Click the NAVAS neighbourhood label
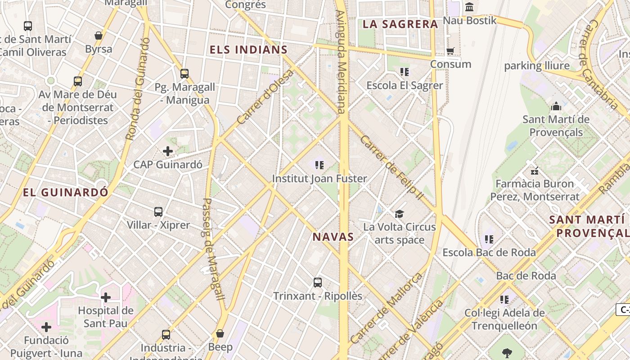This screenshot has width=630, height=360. (x=333, y=237)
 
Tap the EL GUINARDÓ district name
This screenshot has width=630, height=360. (x=66, y=193)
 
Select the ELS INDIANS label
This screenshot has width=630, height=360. (x=248, y=50)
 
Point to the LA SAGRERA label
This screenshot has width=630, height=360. (x=400, y=24)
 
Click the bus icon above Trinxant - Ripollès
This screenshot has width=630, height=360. (x=318, y=283)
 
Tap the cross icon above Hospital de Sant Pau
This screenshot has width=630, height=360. (x=106, y=297)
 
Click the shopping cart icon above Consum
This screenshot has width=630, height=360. (x=450, y=51)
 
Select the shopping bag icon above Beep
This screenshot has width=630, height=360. (x=220, y=333)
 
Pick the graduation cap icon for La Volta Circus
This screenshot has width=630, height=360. (x=399, y=214)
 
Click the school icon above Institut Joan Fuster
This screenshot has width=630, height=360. (x=319, y=165)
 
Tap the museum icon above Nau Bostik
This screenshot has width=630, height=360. (x=470, y=7)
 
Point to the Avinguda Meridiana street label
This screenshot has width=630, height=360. (x=341, y=61)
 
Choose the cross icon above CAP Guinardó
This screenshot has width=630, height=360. (x=168, y=151)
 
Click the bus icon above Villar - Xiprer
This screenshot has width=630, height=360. (x=158, y=211)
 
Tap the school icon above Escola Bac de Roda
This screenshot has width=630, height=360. (x=489, y=239)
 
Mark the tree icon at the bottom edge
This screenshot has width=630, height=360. (x=507, y=353)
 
